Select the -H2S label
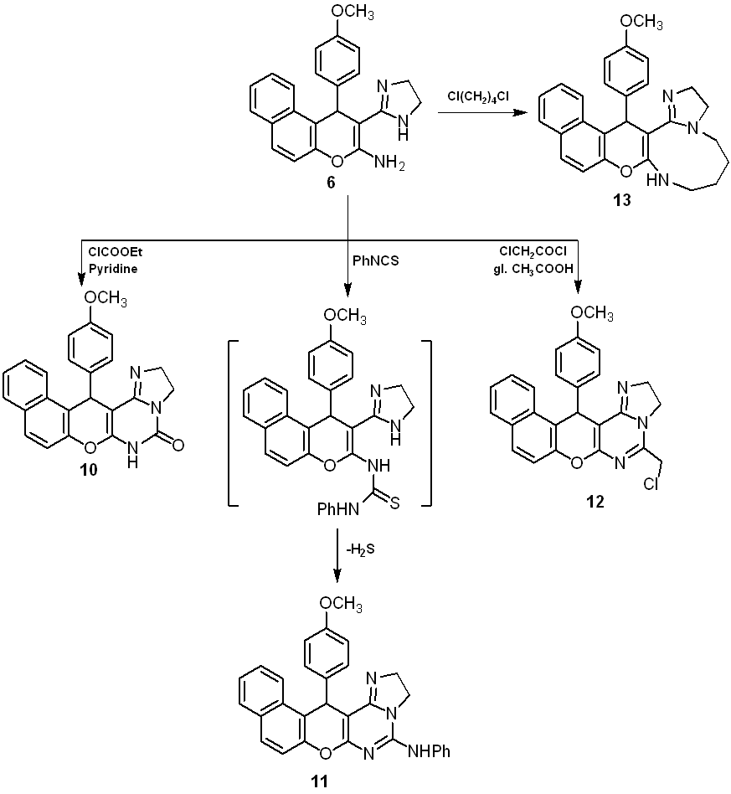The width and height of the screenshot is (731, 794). [x=361, y=549]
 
